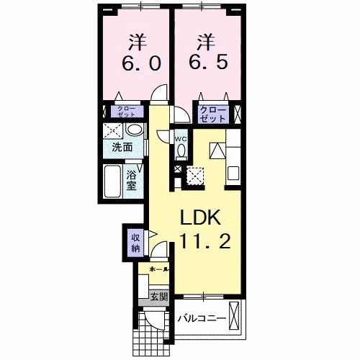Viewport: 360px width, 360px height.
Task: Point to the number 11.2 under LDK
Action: [204, 243]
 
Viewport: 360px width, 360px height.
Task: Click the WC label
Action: [181, 138]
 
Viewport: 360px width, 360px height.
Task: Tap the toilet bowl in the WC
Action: [181, 151]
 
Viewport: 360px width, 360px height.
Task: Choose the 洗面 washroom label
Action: [122, 148]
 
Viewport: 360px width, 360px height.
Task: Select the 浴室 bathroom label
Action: [132, 179]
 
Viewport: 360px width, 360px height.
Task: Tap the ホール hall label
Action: [159, 270]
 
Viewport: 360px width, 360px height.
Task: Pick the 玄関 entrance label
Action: [158, 295]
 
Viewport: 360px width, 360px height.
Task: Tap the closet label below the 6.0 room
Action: [125, 112]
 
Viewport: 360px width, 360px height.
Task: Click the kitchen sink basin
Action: [234, 173]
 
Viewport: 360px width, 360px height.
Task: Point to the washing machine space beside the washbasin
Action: [112, 131]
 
